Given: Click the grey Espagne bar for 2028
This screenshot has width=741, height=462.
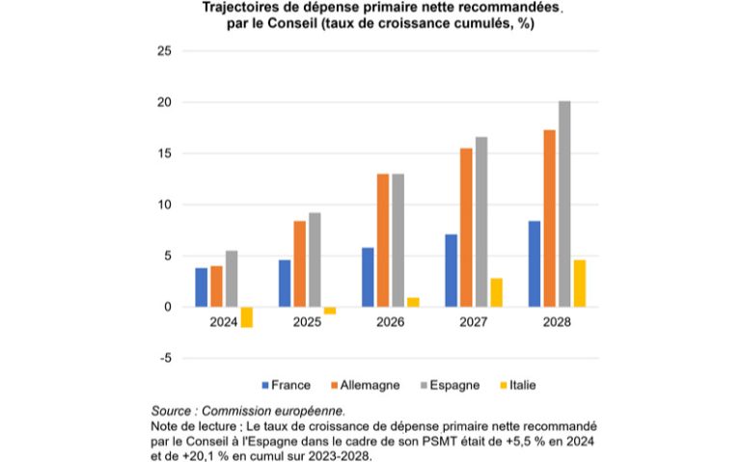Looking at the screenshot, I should pyautogui.click(x=564, y=204).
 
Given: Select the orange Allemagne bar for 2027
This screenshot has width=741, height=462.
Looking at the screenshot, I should pyautogui.click(x=466, y=228).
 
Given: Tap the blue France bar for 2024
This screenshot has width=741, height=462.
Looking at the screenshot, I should pyautogui.click(x=201, y=287).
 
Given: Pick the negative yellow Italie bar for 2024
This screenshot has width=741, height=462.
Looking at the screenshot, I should pyautogui.click(x=247, y=317).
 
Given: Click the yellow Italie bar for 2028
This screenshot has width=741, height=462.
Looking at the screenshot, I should pyautogui.click(x=579, y=284).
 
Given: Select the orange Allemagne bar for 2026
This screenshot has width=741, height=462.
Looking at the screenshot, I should pyautogui.click(x=383, y=240).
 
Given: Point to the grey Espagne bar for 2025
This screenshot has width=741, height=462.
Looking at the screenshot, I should pyautogui.click(x=315, y=259).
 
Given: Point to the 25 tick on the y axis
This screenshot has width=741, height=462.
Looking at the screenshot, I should pyautogui.click(x=164, y=51).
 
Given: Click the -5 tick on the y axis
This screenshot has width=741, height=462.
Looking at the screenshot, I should pyautogui.click(x=165, y=359).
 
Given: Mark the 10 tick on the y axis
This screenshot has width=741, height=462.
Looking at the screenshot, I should pyautogui.click(x=164, y=204).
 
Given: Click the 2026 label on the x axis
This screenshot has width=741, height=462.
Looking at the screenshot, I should pyautogui.click(x=390, y=322).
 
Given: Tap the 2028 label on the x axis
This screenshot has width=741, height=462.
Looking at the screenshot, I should pyautogui.click(x=557, y=322).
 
